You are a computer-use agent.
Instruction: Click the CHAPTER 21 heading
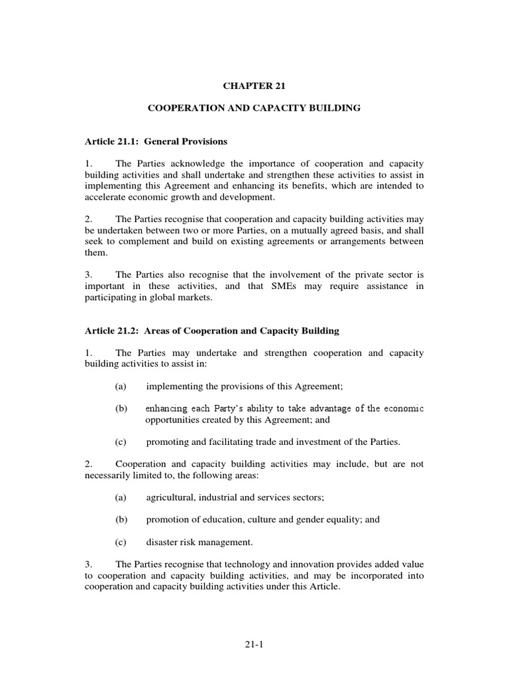pyautogui.click(x=254, y=86)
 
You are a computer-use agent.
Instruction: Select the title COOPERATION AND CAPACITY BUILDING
pyautogui.click(x=254, y=107)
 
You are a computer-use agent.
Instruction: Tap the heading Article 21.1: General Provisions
pyautogui.click(x=156, y=141)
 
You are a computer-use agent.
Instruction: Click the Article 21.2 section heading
pyautogui.click(x=212, y=330)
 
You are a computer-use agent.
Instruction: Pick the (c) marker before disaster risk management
pyautogui.click(x=121, y=542)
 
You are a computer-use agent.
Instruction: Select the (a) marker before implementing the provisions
pyautogui.click(x=121, y=386)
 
